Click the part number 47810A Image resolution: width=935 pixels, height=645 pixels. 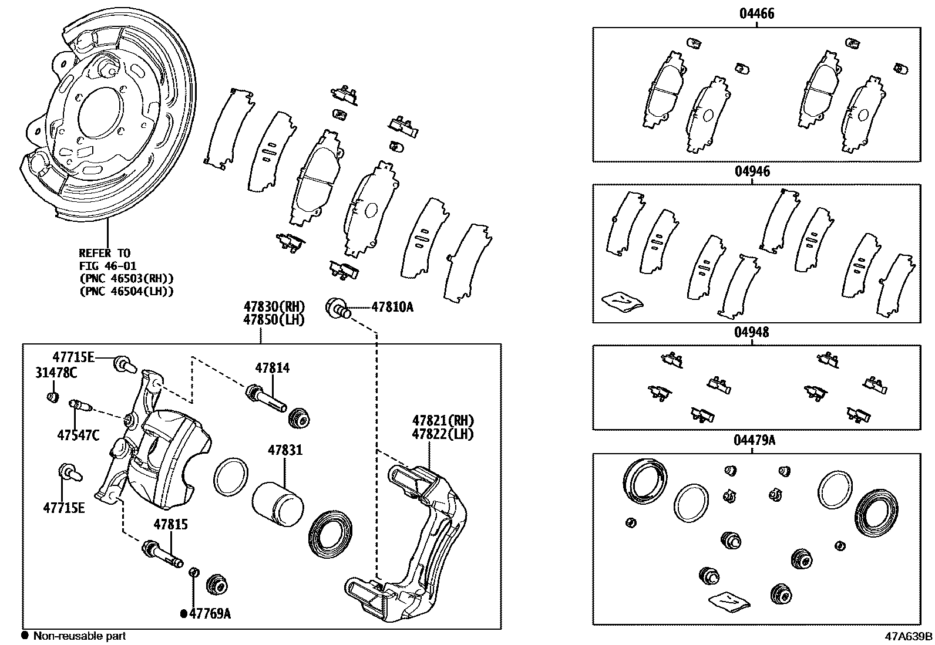pyautogui.click(x=392, y=306)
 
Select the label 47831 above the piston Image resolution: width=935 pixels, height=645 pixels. pyautogui.click(x=285, y=450)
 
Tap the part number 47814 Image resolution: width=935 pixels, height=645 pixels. pyautogui.click(x=272, y=368)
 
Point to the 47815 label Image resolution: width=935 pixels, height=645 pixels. pyautogui.click(x=171, y=524)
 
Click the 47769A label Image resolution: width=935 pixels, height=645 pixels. pyautogui.click(x=209, y=614)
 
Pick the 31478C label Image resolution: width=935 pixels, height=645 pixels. pyautogui.click(x=56, y=372)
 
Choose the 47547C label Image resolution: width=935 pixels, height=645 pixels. pyautogui.click(x=78, y=435)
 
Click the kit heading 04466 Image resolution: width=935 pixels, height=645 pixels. pyautogui.click(x=756, y=13)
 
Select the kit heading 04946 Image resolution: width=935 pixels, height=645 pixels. pyautogui.click(x=752, y=171)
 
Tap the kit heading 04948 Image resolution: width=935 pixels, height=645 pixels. pyautogui.click(x=751, y=332)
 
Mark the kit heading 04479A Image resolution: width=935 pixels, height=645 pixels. pyautogui.click(x=754, y=440)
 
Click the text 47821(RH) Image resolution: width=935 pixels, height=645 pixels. pyautogui.click(x=443, y=420)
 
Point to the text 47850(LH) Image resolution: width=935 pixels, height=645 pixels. pyautogui.click(x=274, y=320)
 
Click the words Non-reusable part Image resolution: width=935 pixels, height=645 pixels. pyautogui.click(x=79, y=636)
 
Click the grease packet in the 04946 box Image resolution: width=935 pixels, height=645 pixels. pyautogui.click(x=623, y=300)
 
